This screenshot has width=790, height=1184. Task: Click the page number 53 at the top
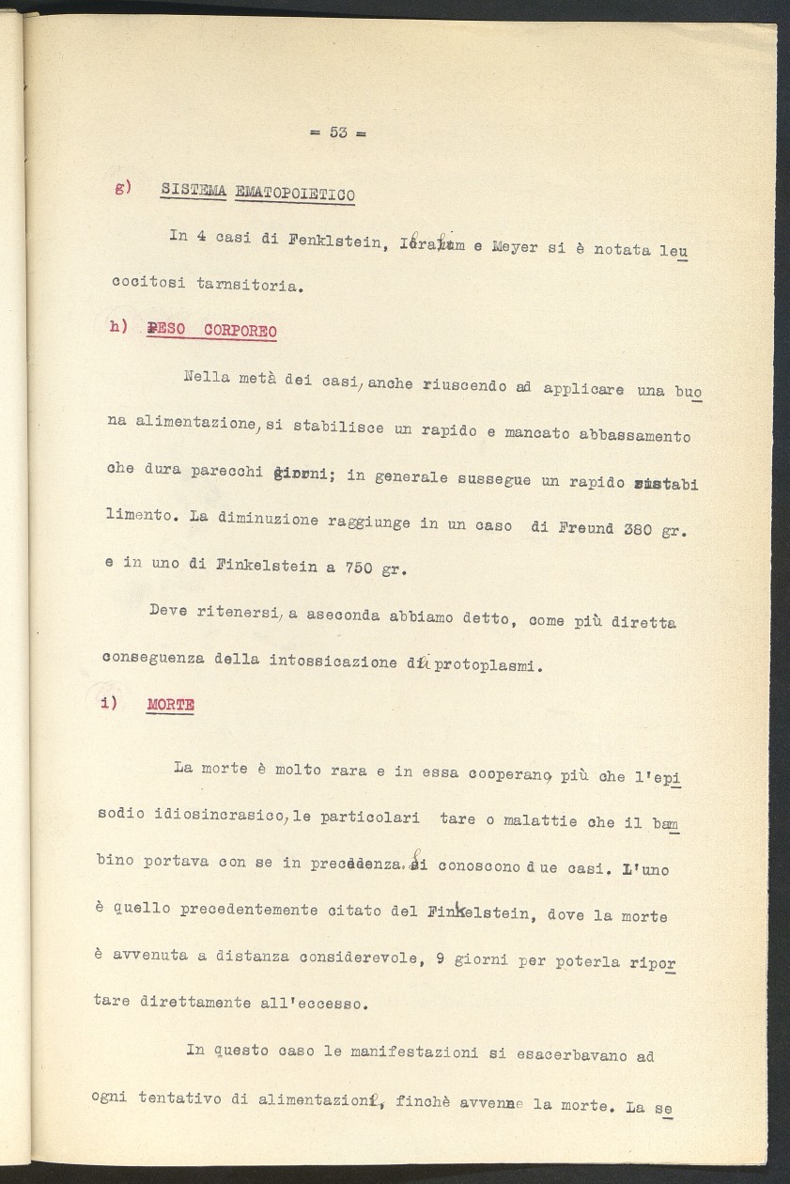(x=338, y=133)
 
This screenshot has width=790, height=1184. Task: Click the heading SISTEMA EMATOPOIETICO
(x=257, y=193)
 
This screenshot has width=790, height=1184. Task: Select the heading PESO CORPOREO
(x=211, y=331)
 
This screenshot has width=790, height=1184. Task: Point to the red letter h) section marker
(x=118, y=327)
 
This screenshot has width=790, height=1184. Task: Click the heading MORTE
(x=171, y=705)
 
